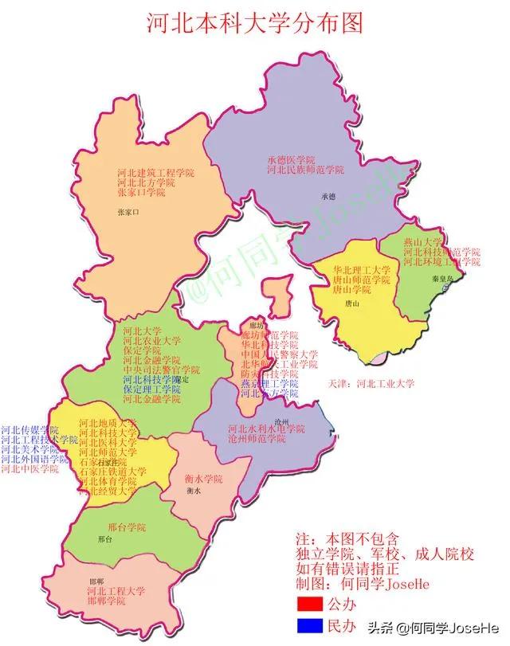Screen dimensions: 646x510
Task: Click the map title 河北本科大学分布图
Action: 255,22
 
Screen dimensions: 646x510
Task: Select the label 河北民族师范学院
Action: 306,170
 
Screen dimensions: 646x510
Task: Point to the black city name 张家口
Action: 127,213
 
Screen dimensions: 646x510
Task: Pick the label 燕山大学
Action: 422,242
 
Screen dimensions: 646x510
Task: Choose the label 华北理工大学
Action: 363,270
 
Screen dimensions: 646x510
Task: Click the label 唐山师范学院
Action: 363,280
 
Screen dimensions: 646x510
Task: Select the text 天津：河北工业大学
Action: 371,383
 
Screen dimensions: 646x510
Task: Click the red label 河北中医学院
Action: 30,469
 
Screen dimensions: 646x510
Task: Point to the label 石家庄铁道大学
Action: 112,472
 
